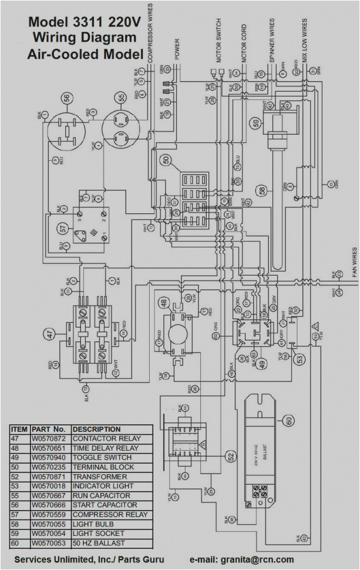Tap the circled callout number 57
click(x=62, y=226)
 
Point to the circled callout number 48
click(x=163, y=303)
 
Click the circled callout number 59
click(x=255, y=123)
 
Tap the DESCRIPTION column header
click(x=96, y=430)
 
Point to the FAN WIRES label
click(x=354, y=261)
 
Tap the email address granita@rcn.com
click(x=255, y=560)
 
